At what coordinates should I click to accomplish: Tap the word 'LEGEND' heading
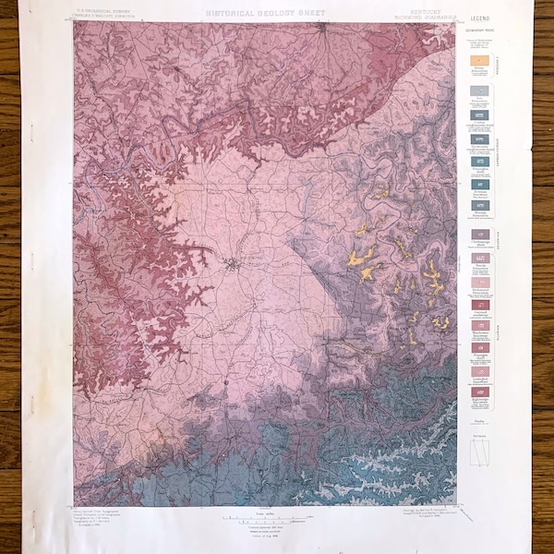(479, 18)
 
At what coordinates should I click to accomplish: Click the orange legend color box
(480, 60)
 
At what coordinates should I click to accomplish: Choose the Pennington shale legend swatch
(480, 162)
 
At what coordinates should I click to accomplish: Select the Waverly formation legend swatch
(480, 205)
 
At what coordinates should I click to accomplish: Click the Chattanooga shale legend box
(480, 235)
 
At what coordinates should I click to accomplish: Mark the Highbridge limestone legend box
(480, 391)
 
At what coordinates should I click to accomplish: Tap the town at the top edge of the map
(320, 27)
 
